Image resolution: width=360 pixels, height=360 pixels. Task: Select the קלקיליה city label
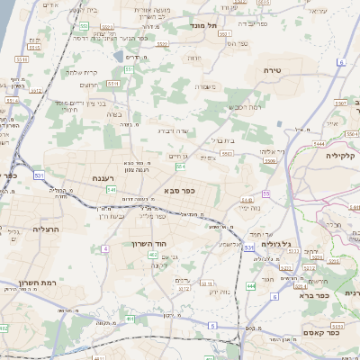coord(341,154)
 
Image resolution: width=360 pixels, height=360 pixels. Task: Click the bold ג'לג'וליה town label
coord(271,245)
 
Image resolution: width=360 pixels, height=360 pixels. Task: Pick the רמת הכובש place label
coord(247,106)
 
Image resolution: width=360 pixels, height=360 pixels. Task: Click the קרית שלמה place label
coord(83,72)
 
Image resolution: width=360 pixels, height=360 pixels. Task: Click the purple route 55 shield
coord(266,193)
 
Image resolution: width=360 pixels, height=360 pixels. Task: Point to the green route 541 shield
coord(111,190)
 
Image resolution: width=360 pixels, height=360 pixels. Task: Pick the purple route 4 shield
coord(106,247)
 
